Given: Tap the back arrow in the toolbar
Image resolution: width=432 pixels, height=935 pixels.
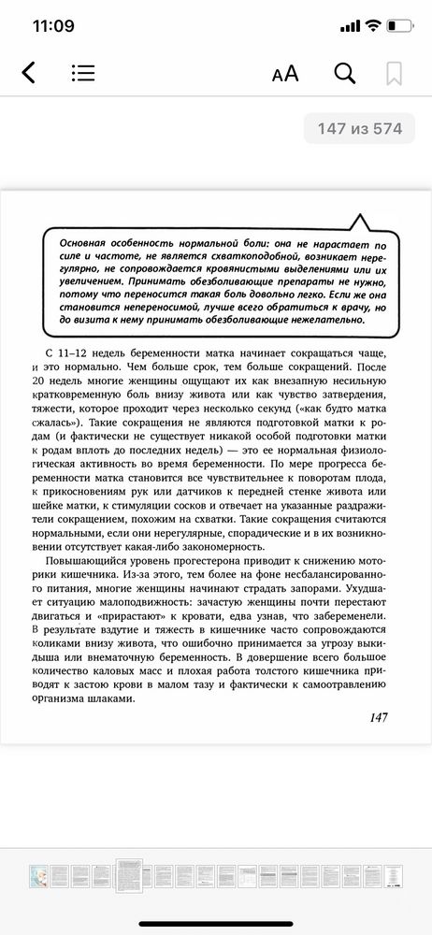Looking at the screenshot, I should (28, 73).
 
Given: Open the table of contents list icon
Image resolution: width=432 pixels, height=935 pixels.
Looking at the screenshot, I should (82, 73).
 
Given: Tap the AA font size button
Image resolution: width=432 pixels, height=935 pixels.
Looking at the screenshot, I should (284, 74).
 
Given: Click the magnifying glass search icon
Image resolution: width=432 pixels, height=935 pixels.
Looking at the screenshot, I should (344, 73).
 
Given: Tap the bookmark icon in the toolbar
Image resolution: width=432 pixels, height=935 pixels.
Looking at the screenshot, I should (394, 73).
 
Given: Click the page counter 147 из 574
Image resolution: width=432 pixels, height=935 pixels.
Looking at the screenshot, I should (356, 129).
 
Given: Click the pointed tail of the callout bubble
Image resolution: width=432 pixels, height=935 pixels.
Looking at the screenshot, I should (357, 221).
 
